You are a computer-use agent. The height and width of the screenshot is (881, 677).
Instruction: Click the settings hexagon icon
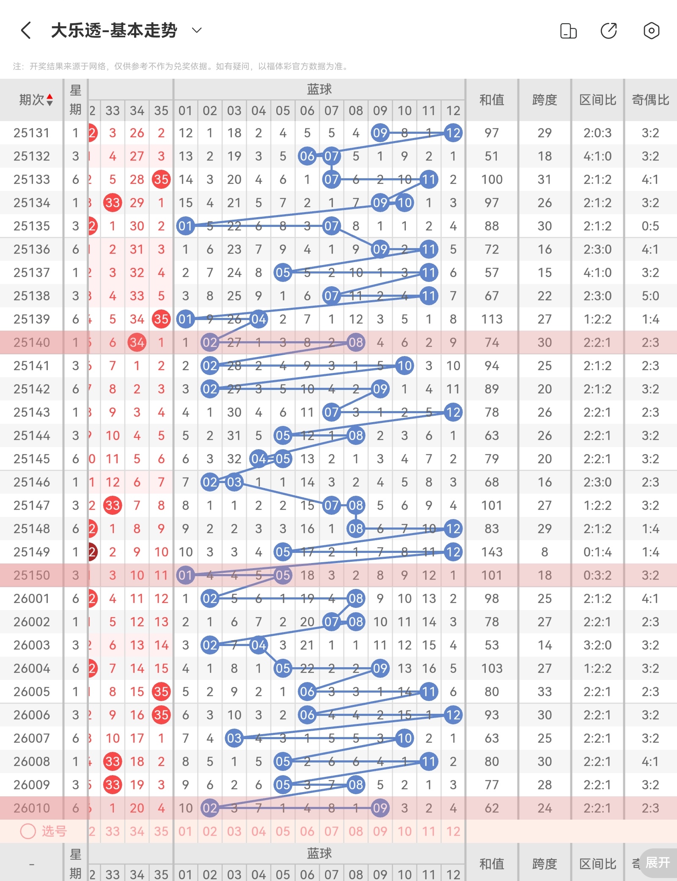tap(651, 30)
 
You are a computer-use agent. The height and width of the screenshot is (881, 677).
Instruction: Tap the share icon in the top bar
tap(609, 30)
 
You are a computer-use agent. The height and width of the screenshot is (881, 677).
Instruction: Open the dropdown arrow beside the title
tap(197, 30)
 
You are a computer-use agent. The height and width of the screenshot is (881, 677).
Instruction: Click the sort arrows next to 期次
tap(50, 100)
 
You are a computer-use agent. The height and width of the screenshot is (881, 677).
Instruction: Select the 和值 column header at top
tap(492, 100)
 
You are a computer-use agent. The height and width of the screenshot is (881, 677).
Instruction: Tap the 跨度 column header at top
tap(545, 100)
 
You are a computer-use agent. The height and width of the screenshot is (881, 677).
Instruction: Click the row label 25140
tap(32, 342)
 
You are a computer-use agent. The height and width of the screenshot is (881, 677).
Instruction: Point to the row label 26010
tap(32, 808)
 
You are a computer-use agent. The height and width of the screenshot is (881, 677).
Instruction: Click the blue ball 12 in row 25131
tap(453, 133)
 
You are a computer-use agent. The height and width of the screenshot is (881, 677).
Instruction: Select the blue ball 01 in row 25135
tap(185, 226)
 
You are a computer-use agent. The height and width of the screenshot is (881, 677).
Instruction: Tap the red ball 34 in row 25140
tap(137, 342)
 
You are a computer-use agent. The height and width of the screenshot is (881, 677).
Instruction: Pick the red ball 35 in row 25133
tap(161, 180)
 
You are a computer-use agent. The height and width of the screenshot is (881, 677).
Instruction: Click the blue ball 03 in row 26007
tap(234, 738)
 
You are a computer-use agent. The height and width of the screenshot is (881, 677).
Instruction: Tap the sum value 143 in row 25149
tap(492, 552)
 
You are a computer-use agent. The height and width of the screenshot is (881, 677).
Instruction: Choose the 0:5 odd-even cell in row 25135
tap(650, 226)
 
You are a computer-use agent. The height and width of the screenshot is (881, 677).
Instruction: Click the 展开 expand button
tap(658, 863)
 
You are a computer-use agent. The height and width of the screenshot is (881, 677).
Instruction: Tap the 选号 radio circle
tap(28, 831)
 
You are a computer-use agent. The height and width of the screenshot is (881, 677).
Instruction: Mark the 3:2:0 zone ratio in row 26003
tap(597, 645)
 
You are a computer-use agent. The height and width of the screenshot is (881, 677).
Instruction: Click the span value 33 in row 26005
tap(545, 692)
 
